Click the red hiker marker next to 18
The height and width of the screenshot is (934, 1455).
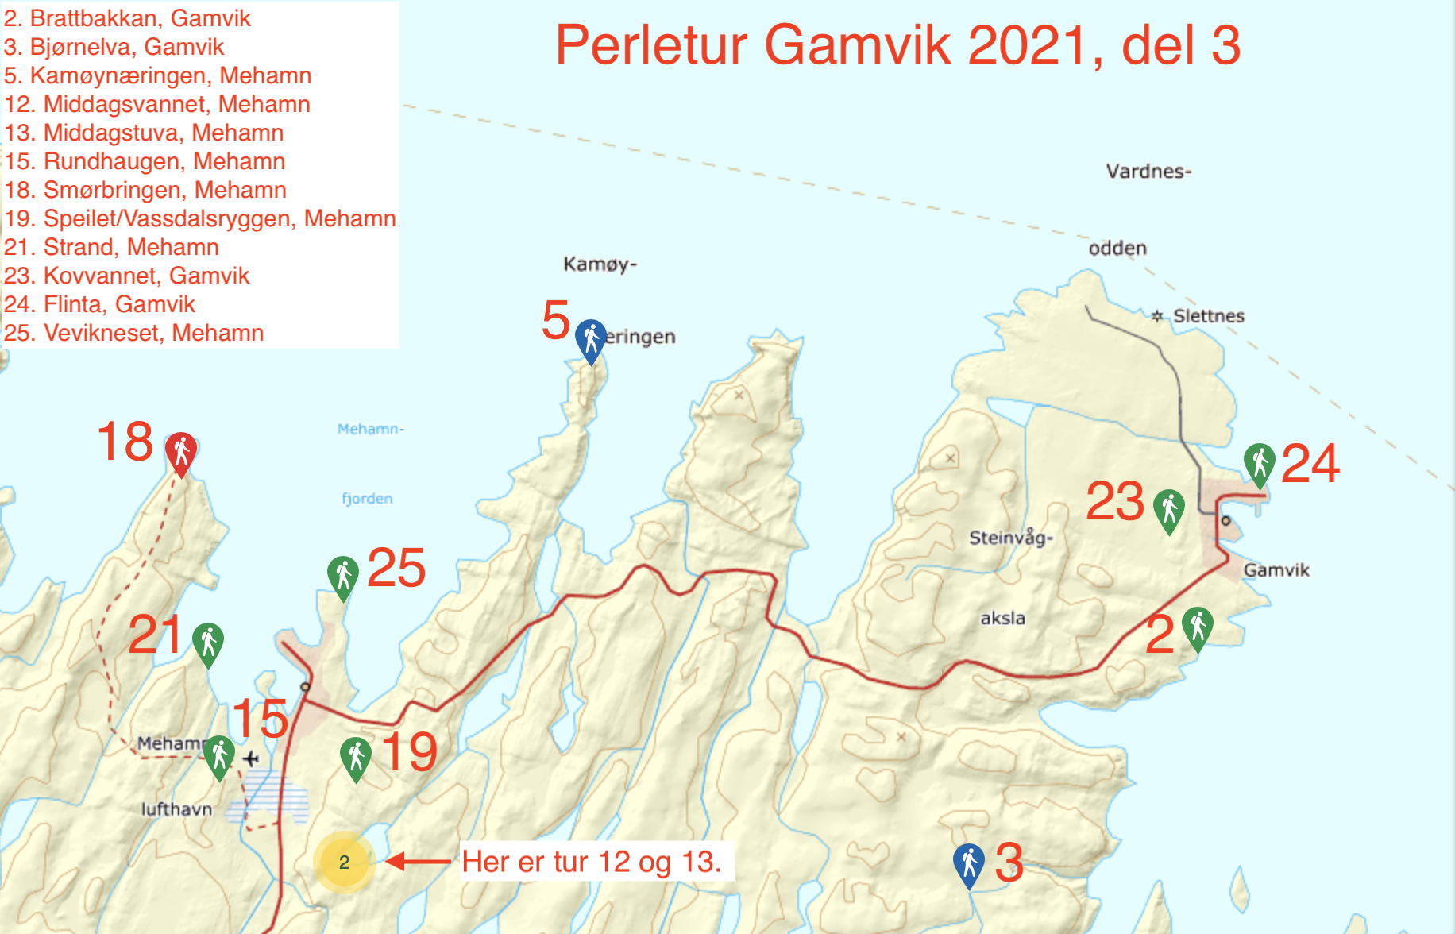point(181,451)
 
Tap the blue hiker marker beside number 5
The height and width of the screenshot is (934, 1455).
point(591,339)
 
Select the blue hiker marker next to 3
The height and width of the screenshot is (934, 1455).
point(969,863)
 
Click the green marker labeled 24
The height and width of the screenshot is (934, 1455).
point(1260,462)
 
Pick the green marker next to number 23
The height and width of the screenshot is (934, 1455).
point(1169,508)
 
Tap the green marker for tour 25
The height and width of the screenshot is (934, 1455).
point(343,575)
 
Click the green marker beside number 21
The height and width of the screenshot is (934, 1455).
point(208,642)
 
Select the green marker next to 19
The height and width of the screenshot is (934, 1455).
point(356,756)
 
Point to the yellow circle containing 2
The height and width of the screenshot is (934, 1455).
point(344,863)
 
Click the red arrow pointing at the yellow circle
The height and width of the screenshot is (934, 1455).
point(418,861)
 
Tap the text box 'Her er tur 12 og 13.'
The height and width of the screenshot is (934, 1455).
point(592,862)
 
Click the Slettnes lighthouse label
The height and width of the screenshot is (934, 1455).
point(1208,316)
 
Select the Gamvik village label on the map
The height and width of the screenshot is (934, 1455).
point(1276,570)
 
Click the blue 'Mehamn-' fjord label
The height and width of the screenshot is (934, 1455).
point(371,430)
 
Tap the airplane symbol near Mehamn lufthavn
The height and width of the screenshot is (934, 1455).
point(251,758)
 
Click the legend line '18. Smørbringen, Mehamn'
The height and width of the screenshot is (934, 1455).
point(145,190)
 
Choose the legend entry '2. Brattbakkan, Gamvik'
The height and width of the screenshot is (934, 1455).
point(127,17)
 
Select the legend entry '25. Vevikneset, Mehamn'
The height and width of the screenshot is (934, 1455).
point(133,333)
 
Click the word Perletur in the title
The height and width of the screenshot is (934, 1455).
point(650,45)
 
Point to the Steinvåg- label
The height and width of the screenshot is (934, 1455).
point(1010,538)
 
